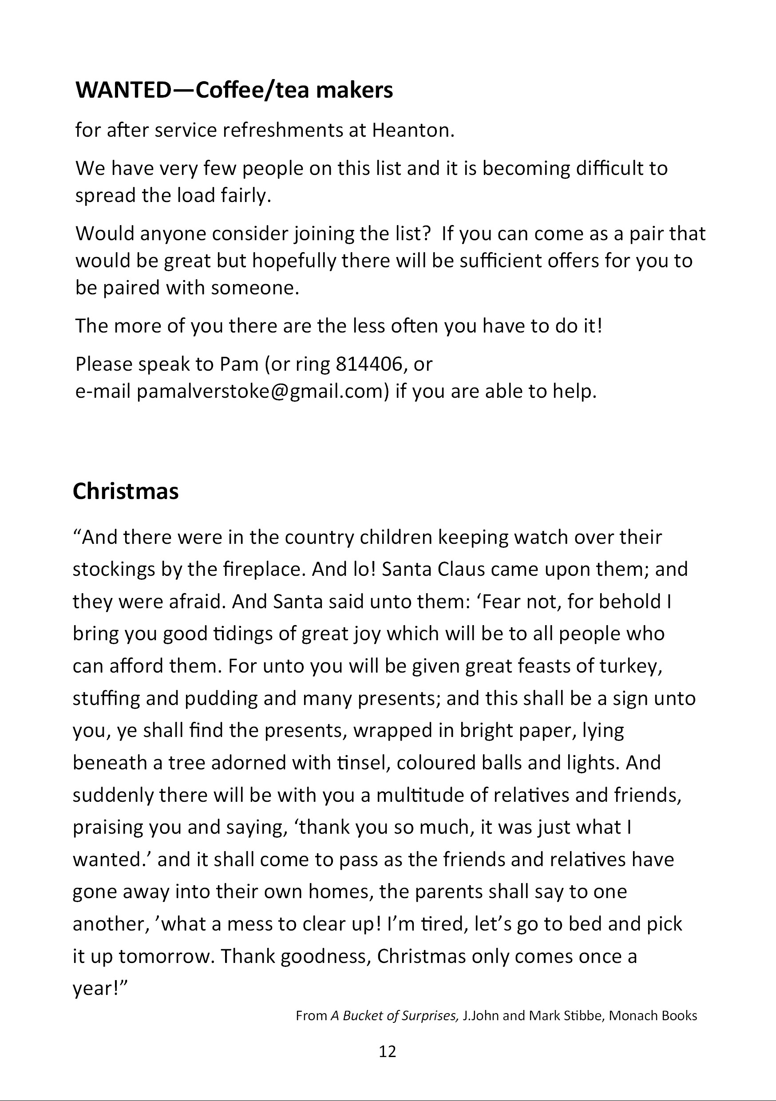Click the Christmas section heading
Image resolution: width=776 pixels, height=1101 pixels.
pos(126,491)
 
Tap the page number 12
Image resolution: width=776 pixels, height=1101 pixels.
pos(388,1052)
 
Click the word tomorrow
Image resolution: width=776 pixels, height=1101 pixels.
pos(167,956)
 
